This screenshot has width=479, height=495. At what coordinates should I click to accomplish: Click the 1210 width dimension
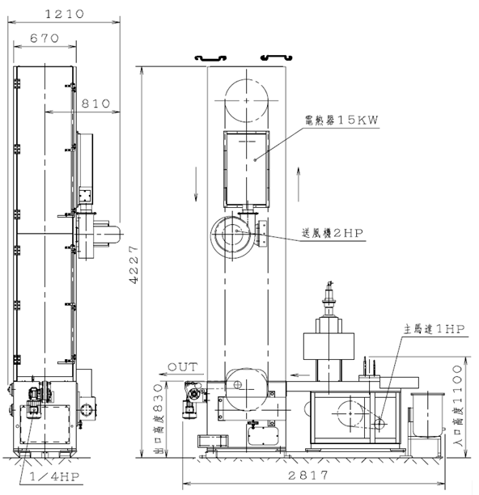[x=65, y=14]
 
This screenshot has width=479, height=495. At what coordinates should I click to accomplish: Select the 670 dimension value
[x=45, y=38]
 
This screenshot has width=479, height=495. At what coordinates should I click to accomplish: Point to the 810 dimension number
[x=95, y=104]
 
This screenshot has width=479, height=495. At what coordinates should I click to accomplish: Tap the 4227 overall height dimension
[x=134, y=265]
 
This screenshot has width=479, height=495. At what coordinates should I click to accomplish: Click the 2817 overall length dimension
[x=308, y=475]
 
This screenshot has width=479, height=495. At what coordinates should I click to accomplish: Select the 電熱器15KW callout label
[x=341, y=121]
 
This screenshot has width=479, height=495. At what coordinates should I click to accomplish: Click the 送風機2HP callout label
[x=333, y=233]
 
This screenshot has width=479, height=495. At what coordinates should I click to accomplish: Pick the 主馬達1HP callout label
[x=434, y=329]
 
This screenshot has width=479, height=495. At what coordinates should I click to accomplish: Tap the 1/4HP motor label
[x=54, y=476]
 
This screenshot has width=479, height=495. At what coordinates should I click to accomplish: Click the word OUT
[x=183, y=367]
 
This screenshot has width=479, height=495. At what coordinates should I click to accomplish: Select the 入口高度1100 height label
[x=457, y=405]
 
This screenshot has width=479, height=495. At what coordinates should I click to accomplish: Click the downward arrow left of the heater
[x=196, y=184]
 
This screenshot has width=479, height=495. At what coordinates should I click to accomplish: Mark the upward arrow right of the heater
[x=299, y=184]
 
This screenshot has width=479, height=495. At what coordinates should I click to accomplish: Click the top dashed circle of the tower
[x=247, y=101]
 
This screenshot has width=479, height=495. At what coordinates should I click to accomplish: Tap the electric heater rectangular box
[x=247, y=169]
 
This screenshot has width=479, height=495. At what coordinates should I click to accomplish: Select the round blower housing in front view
[x=232, y=235]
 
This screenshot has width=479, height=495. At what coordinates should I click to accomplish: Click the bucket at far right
[x=427, y=415]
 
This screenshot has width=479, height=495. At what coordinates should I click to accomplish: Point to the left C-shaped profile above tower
[x=210, y=58]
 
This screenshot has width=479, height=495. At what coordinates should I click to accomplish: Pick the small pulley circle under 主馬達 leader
[x=379, y=423]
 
